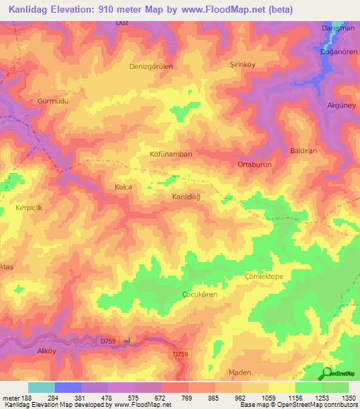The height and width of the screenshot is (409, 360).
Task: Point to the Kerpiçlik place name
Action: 29,209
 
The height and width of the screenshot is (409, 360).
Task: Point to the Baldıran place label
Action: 304,151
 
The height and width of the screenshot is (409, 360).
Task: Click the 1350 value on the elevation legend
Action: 348,397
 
